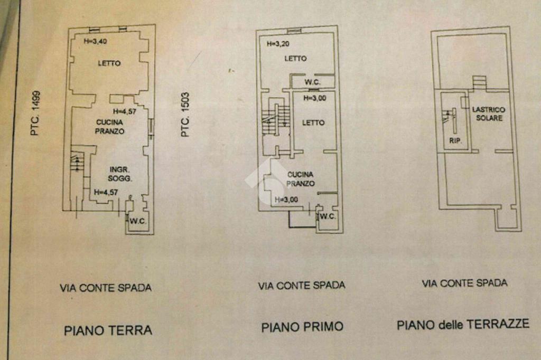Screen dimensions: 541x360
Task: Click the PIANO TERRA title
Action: (x=108, y=330)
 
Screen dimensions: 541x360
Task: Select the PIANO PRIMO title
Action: (x=302, y=327)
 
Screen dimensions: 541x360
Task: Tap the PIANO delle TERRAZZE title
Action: (x=463, y=324)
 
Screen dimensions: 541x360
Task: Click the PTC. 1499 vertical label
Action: (x=35, y=112)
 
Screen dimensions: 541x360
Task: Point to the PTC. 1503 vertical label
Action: (x=185, y=115)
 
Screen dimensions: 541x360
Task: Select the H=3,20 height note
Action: (x=278, y=44)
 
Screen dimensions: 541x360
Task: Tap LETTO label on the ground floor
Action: (x=109, y=63)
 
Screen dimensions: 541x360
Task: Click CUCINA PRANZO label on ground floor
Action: (x=110, y=127)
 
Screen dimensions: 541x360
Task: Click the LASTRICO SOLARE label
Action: (x=489, y=113)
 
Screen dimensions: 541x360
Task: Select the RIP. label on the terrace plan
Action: (x=453, y=141)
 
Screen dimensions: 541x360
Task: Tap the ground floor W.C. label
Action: (x=138, y=221)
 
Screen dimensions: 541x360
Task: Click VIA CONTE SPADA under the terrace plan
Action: (x=464, y=283)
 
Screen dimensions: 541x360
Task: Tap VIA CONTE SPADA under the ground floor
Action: (x=106, y=288)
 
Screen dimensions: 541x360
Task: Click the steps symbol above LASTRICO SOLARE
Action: (x=479, y=82)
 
